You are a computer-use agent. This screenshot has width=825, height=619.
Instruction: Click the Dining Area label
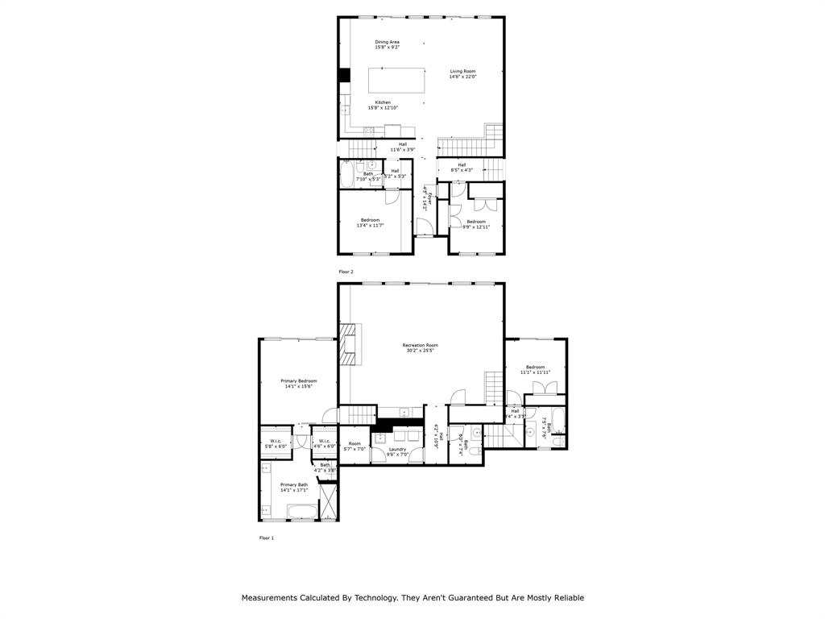(x=387, y=42)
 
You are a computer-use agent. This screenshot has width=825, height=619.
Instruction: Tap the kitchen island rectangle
(x=396, y=81)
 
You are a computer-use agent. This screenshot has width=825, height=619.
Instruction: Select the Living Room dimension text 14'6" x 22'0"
(x=462, y=77)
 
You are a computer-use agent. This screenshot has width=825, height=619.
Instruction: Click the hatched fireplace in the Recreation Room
(x=350, y=344)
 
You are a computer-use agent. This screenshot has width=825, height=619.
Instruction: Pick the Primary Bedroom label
(x=298, y=380)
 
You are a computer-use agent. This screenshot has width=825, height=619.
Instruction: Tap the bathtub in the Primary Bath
(x=302, y=511)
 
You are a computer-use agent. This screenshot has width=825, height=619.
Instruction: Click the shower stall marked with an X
(x=329, y=499)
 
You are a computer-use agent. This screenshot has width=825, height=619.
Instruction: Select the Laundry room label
(x=397, y=449)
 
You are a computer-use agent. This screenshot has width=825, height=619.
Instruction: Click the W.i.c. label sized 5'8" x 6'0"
(x=276, y=441)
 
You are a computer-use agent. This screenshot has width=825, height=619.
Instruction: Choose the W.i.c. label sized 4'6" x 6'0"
(x=325, y=441)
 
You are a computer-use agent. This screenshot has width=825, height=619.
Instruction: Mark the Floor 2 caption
(x=346, y=272)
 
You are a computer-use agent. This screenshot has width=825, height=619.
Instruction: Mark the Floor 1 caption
(x=267, y=538)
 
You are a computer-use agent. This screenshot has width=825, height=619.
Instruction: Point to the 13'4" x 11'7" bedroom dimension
(x=370, y=226)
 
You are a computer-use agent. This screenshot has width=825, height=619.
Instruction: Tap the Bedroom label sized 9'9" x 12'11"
(x=476, y=222)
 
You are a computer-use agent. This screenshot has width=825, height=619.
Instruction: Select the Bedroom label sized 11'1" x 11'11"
(x=536, y=368)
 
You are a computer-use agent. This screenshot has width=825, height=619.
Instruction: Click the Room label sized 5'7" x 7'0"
(x=354, y=443)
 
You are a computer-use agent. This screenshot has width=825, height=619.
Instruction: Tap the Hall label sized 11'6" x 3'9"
(x=402, y=144)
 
